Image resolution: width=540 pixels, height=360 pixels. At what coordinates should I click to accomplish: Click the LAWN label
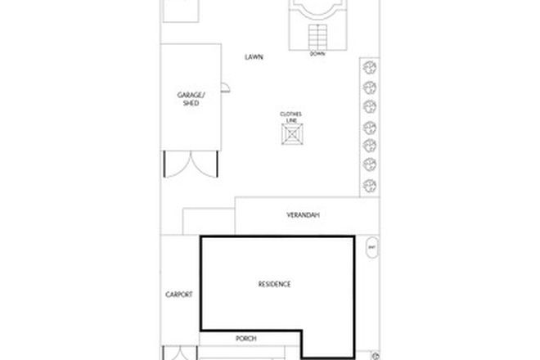point(254,57)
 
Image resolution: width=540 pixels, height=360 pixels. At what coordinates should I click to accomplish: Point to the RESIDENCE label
point(275,284)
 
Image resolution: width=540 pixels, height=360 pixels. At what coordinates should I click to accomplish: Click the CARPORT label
point(178,295)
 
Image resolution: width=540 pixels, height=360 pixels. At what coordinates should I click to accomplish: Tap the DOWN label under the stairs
point(317,55)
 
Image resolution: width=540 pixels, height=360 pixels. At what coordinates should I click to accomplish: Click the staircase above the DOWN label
point(317,37)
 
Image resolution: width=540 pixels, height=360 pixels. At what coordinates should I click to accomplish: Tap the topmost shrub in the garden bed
point(369,69)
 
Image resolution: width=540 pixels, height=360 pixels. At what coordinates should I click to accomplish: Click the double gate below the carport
point(178,353)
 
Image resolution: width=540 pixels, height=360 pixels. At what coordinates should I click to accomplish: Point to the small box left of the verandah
point(209,222)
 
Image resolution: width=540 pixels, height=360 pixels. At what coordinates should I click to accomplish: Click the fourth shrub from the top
point(369,127)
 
